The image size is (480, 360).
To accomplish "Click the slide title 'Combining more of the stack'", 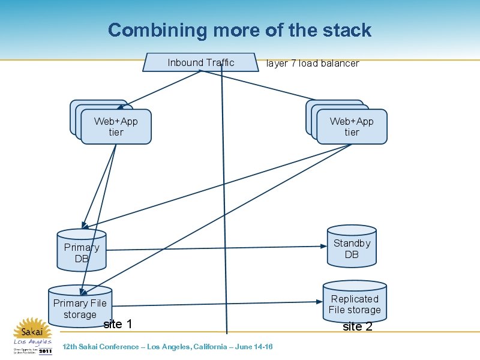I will coord(239,30).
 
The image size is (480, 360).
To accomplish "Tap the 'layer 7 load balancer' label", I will coord(313,64).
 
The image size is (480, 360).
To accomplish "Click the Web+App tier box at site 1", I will coord(116,127).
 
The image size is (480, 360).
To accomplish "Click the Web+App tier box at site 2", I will coord(352,127).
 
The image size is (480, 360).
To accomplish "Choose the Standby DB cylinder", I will coord(352,247).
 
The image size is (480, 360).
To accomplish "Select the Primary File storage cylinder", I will coord(80,308).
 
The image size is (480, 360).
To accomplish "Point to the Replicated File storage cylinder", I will coord(355,304).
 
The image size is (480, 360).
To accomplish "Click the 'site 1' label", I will coord(118,325).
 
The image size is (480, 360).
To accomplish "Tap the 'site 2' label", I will coord(358,327).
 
